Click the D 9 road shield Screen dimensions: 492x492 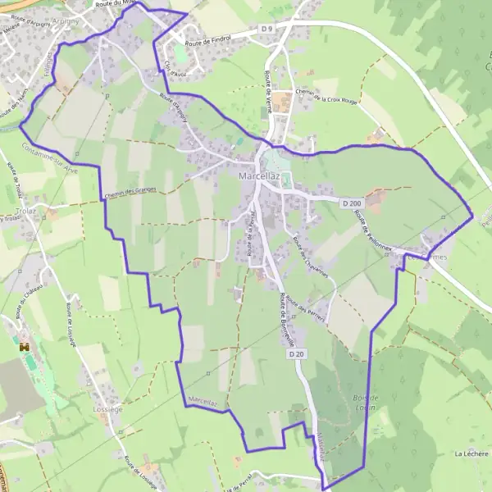tap(266, 30)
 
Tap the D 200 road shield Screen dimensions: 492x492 tap(352, 203)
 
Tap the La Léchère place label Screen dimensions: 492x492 tap(470, 453)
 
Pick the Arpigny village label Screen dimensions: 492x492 tap(65, 20)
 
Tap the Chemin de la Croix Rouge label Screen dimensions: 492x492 tap(326, 97)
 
